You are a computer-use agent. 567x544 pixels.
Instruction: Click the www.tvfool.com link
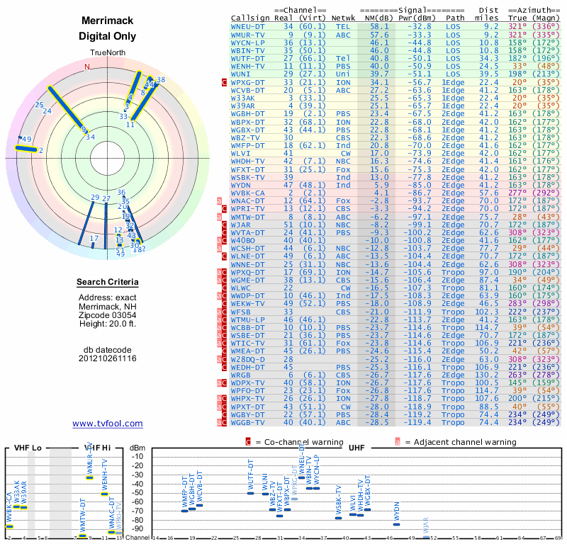pos(107,424)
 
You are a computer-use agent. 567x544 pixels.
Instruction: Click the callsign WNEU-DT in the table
pos(249,25)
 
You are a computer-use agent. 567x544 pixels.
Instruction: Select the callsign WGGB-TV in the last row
pos(249,422)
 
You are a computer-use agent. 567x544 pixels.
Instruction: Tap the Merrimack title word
pos(107,22)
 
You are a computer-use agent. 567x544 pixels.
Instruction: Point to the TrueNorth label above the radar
pos(107,53)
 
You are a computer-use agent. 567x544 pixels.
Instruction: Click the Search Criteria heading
pos(108,283)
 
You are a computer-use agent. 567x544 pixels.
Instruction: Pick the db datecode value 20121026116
pos(108,358)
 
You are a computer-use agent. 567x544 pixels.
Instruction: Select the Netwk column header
pos(344,17)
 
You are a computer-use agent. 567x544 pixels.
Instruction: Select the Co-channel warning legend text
pos(305,441)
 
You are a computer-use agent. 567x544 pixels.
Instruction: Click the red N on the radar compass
pos(87,67)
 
